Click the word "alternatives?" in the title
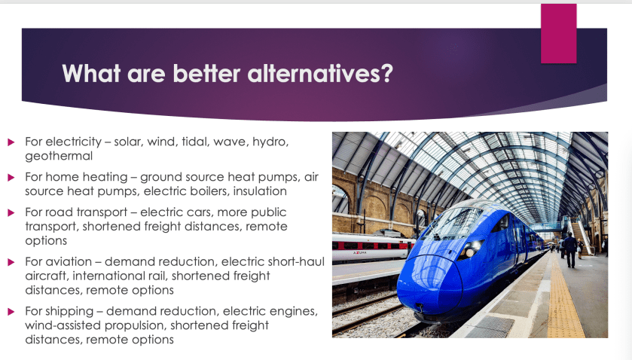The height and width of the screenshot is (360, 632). coord(320,74)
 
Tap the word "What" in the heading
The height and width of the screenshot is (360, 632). coord(91,73)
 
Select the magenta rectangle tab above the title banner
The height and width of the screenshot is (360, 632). coord(558,33)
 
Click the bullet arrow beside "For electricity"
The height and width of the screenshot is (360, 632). coord(11,142)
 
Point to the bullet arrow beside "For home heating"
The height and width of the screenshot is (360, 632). coord(11,178)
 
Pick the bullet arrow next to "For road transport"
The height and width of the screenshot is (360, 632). coord(11,213)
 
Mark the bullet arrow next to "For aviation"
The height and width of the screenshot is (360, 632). coord(11,262)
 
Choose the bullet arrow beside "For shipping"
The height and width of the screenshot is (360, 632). coord(11,312)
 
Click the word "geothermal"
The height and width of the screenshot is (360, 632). coord(59,157)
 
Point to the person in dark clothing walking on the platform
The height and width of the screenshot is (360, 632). coord(570,250)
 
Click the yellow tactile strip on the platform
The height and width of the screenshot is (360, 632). coord(563,298)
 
